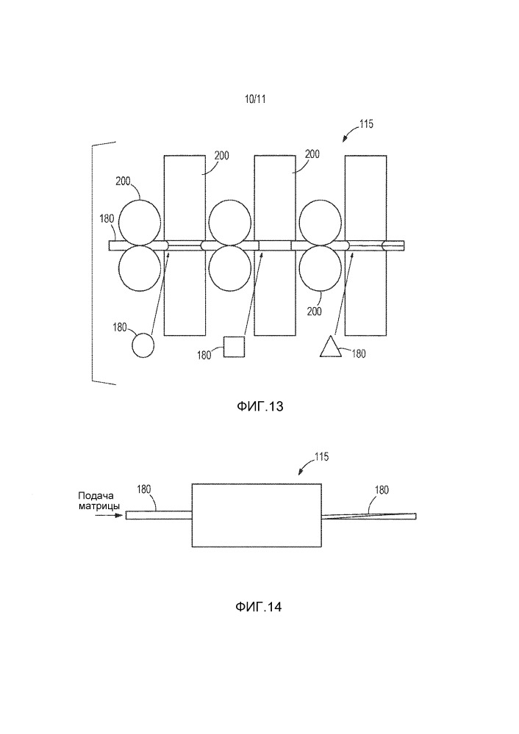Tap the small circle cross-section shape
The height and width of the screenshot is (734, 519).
coord(143,345)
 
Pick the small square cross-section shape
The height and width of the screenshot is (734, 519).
coord(234,346)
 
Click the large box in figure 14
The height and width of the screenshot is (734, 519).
coord(257,514)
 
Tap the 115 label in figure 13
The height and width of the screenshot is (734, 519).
coord(365,125)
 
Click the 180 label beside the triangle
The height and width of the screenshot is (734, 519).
coord(359,353)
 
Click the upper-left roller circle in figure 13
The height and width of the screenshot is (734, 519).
coord(140,221)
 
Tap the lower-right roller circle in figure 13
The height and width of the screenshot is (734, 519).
coord(321,267)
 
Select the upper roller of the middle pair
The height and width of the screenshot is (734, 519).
coord(230,221)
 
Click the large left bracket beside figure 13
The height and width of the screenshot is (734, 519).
coord(93,262)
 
